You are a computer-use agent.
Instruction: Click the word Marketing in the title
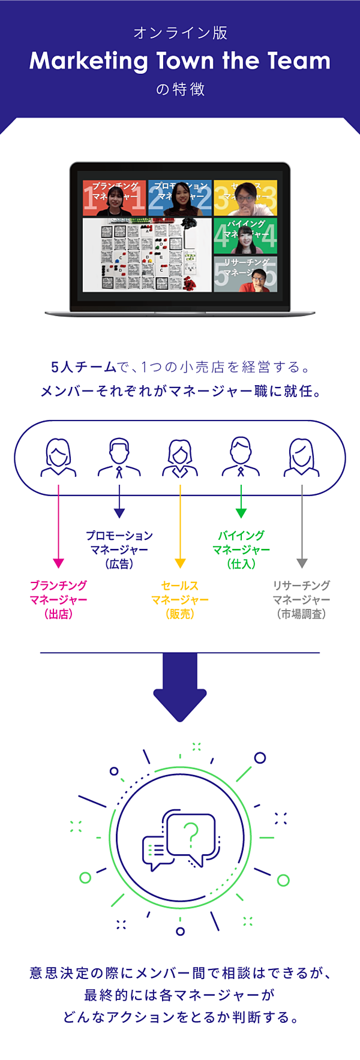(89, 61)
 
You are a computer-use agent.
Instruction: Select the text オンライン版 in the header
(180, 33)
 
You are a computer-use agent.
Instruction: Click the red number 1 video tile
(114, 198)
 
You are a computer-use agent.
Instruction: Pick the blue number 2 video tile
(179, 198)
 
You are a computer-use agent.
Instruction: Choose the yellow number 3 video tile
(245, 198)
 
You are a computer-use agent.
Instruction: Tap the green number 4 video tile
(245, 236)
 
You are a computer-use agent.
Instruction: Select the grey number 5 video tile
(245, 274)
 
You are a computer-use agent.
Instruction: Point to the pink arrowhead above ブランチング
(58, 563)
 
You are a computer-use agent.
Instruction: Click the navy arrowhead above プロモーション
(119, 514)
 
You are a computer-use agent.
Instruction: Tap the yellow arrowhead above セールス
(180, 563)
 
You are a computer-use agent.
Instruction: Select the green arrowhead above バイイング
(241, 514)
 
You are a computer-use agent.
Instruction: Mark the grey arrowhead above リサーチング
(302, 563)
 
